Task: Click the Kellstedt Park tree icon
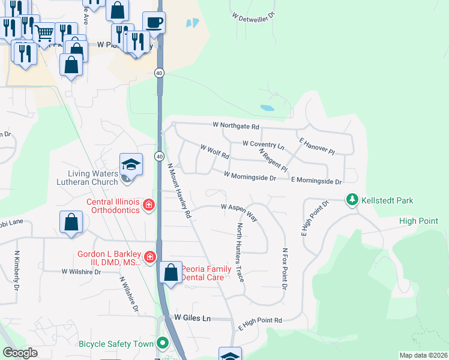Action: coord(352,200)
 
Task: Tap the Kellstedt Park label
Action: coord(387,200)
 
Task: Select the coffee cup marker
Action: coord(154,23)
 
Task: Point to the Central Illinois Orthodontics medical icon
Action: coord(149,206)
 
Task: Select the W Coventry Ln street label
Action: coord(263,144)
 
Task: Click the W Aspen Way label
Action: coord(239,211)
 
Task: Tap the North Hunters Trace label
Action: coord(240,253)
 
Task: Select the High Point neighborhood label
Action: coord(418,221)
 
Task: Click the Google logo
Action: coord(20,353)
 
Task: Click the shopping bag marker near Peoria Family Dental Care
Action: coord(171,272)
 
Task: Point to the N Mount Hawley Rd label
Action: coord(179,190)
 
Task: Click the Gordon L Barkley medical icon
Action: coord(149,258)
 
